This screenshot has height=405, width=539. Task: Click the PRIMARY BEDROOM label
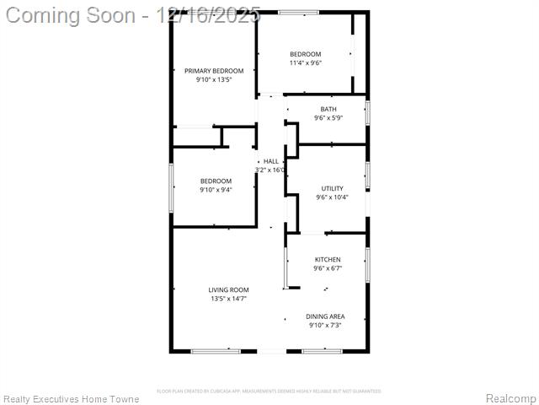coord(214,71)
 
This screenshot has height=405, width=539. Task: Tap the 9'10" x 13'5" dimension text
coord(214,79)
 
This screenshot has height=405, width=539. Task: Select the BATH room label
coord(328,109)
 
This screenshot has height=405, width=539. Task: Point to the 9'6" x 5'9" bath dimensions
coord(328,118)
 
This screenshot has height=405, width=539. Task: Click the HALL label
coord(271,161)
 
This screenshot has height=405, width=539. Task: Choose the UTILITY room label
coord(332,188)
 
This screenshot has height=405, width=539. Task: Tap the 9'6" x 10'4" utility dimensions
coord(332,197)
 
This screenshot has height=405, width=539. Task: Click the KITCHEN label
coord(328,259)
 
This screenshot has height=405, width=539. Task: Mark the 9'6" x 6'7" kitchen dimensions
coord(328,268)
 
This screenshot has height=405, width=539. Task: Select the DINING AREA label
coord(325,316)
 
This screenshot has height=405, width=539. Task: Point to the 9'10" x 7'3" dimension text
coord(325,325)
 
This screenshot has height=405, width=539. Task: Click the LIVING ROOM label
coord(228,289)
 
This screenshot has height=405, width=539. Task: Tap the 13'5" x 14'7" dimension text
coord(228,299)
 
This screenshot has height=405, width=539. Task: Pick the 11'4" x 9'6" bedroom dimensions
coord(305,62)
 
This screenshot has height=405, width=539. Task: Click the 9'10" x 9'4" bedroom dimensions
coord(216,190)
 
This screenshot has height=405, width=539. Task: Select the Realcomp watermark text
coord(511,398)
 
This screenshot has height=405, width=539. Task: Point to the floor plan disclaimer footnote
coord(269,391)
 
